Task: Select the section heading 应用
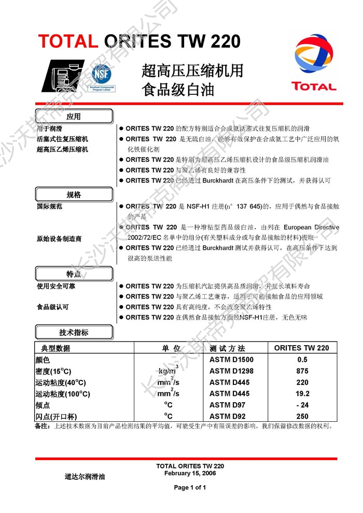(x=74, y=116)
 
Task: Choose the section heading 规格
(x=74, y=195)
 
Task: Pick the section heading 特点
(x=74, y=274)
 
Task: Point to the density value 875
(x=302, y=371)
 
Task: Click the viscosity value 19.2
(x=302, y=394)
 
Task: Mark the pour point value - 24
(x=302, y=405)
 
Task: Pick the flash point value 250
(x=302, y=417)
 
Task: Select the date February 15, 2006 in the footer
(x=190, y=473)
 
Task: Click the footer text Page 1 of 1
(x=190, y=488)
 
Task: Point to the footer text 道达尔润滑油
(x=85, y=476)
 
